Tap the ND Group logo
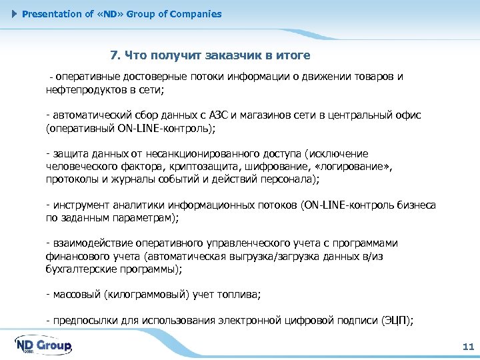click(x=43, y=345)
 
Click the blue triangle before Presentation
click(x=15, y=14)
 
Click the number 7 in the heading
click(x=113, y=55)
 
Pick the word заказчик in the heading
click(x=230, y=55)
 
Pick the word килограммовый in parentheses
click(x=153, y=295)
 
